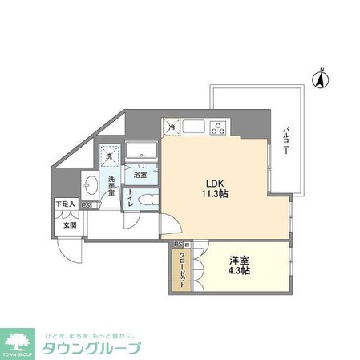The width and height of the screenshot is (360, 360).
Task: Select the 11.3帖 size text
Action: click(210, 195)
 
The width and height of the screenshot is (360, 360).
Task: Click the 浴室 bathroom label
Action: click(140, 174)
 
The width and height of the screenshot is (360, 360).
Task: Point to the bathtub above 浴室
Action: click(144, 151)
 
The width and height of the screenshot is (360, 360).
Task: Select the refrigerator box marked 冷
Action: click(171, 126)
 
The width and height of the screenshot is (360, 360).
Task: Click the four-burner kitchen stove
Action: click(219, 127)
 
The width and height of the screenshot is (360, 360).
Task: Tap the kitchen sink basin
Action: click(192, 127)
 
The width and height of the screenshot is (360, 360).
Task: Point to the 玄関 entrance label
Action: click(70, 225)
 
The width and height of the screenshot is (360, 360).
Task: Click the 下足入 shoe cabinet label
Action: click(66, 205)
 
